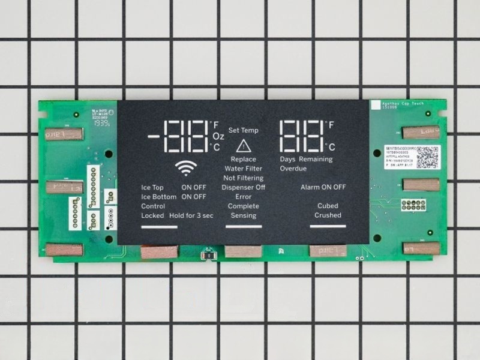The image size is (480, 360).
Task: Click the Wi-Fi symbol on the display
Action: click(x=185, y=169)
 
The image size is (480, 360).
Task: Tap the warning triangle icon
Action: click(x=243, y=146)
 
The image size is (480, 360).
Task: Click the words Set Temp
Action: click(x=243, y=130)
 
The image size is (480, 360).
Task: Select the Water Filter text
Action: click(x=243, y=169)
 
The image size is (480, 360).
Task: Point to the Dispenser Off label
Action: click(x=243, y=187)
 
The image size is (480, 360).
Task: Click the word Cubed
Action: click(x=328, y=206)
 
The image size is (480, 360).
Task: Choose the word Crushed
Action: click(x=328, y=215)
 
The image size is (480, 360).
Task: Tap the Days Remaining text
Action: click(x=307, y=160)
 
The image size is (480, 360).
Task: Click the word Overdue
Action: click(x=293, y=169)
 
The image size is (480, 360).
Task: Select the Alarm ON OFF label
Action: click(x=323, y=187)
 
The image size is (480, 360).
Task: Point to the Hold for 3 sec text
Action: click(x=191, y=215)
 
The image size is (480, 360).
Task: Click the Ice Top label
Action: click(x=152, y=187)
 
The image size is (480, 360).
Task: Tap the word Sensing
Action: click(x=243, y=215)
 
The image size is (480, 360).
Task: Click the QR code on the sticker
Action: click(x=427, y=157)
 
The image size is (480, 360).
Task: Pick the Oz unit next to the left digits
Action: click(x=218, y=136)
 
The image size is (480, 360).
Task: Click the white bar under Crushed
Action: click(x=328, y=226)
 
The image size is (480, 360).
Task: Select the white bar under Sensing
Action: click(x=243, y=226)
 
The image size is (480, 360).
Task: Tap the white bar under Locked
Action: click(x=159, y=227)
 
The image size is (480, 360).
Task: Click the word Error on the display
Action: click(x=243, y=197)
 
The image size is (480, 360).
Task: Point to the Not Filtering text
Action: click(x=243, y=178)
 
